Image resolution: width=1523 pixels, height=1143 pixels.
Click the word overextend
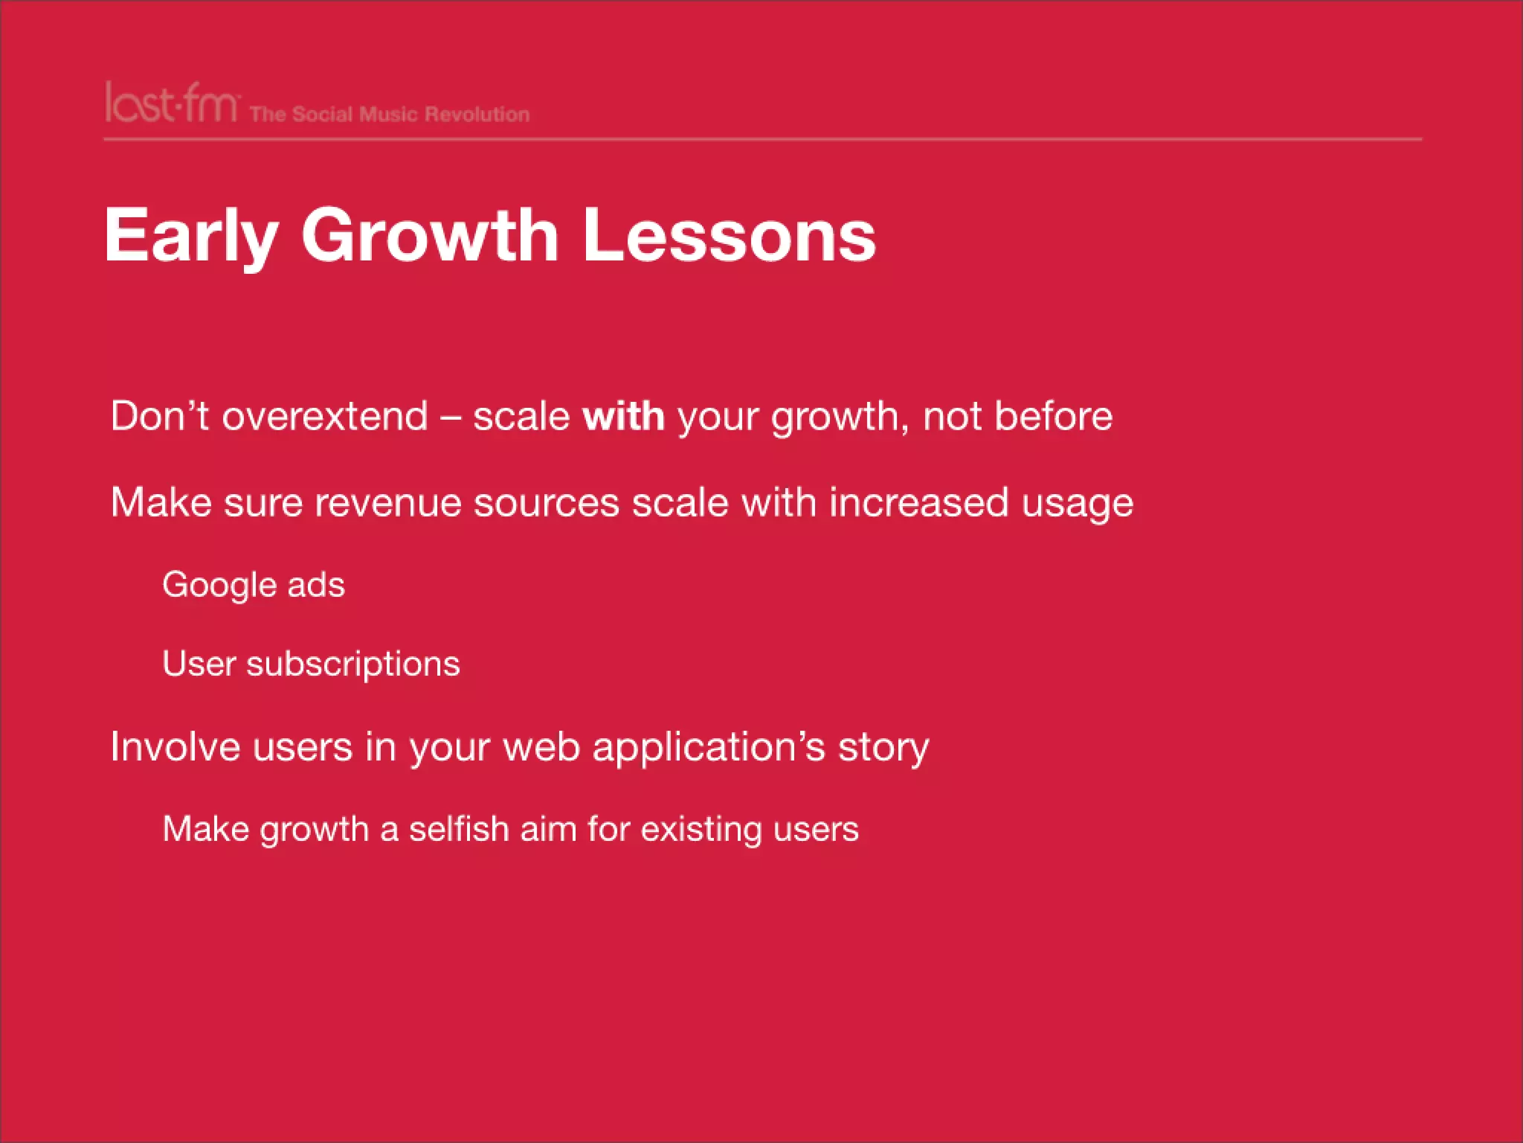point(325,416)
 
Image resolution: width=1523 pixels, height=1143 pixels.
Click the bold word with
point(623,416)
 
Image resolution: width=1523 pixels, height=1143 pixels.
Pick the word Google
point(219,586)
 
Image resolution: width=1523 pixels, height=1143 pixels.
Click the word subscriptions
point(352,665)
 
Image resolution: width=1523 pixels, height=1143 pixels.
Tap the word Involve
point(175,746)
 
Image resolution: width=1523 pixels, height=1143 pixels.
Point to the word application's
point(709,748)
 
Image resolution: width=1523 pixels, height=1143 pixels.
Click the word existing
point(701,829)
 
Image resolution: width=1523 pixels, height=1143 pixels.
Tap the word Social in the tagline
point(322,115)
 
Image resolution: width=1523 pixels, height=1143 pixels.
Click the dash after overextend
point(450,417)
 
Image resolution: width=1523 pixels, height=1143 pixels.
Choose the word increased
point(918,502)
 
